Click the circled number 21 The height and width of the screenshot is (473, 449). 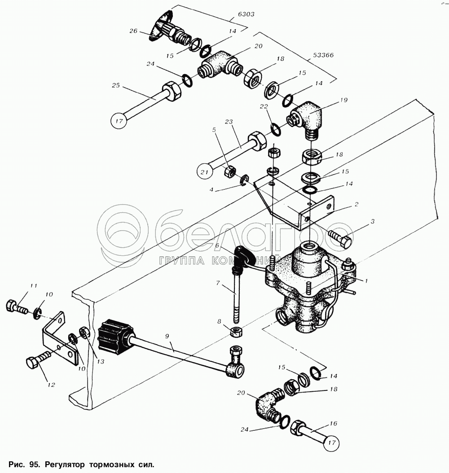point(205,172)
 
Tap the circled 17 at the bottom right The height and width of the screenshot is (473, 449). point(332,443)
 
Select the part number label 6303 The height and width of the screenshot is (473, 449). point(246,14)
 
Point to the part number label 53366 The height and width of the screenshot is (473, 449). point(323,55)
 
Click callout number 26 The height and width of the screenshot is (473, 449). point(133,31)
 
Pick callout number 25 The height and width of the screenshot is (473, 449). point(116,85)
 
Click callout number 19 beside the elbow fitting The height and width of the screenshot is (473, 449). point(343,100)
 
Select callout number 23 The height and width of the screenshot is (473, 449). point(229,122)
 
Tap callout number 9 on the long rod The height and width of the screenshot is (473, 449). point(167,336)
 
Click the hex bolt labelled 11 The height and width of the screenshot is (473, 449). point(17,307)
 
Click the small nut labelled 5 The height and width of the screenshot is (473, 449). point(229,172)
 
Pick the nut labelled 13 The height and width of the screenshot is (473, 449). point(84,333)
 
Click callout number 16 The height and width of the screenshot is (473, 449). point(333,424)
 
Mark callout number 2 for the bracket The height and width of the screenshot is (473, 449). point(357,204)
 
